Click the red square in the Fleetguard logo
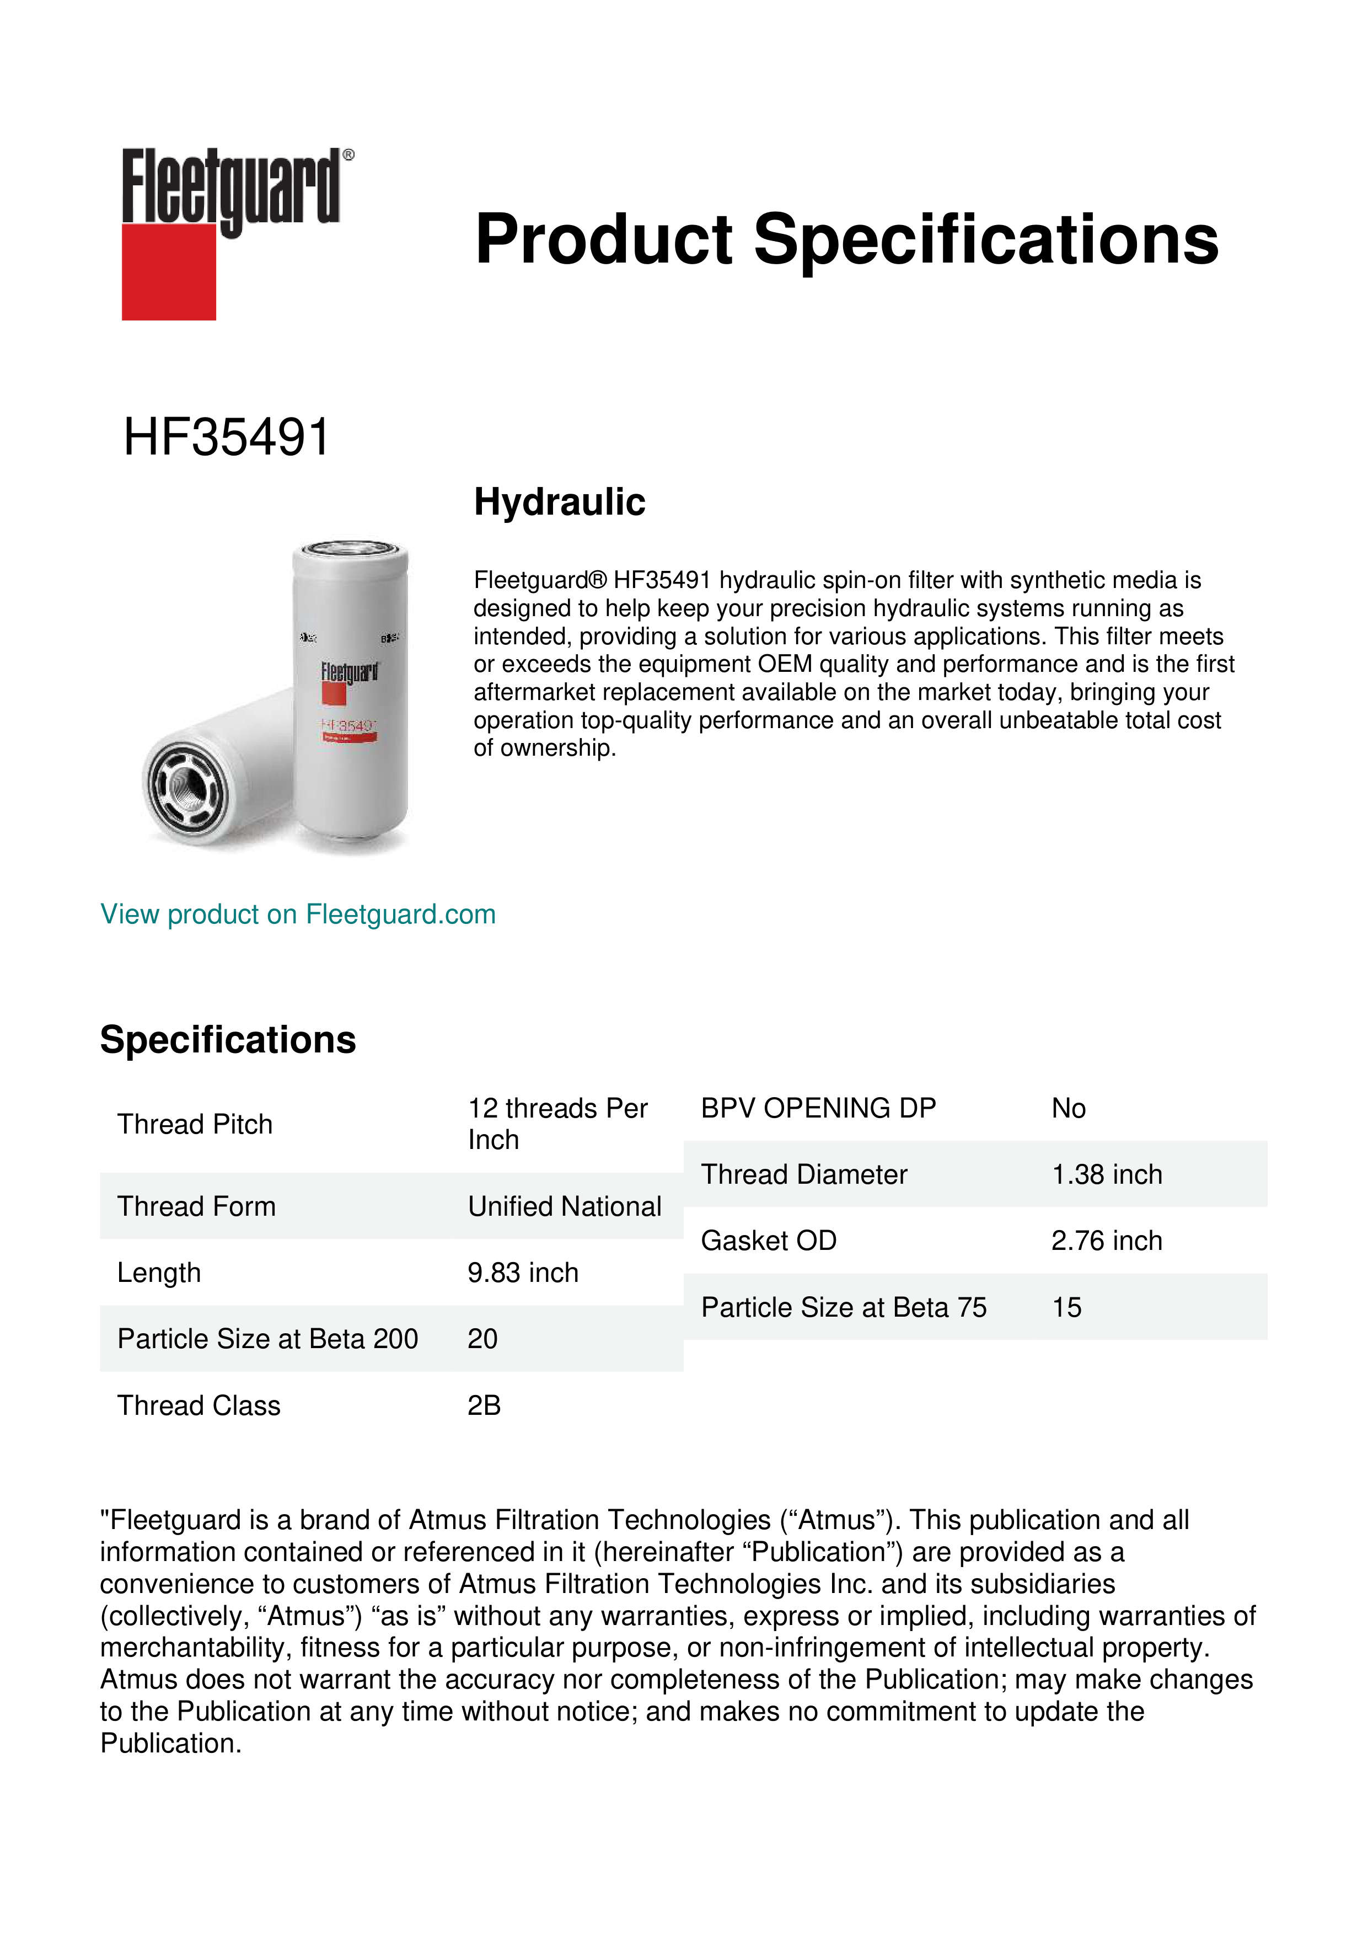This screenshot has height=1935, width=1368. click(x=169, y=271)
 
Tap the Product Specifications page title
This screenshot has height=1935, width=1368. click(x=846, y=239)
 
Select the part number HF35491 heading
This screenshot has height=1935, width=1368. click(x=226, y=437)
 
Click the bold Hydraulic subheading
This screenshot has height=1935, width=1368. click(x=559, y=503)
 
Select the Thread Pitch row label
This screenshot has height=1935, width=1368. click(x=195, y=1124)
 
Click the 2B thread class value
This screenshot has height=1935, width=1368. click(x=484, y=1405)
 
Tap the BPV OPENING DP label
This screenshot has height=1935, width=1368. click(x=818, y=1108)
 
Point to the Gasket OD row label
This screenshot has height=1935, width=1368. click(x=768, y=1241)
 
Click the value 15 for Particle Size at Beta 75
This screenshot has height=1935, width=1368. click(x=1066, y=1307)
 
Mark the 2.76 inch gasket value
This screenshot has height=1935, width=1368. click(x=1106, y=1241)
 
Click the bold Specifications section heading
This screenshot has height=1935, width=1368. click(x=227, y=1040)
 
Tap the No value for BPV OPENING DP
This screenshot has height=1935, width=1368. click(x=1068, y=1108)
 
